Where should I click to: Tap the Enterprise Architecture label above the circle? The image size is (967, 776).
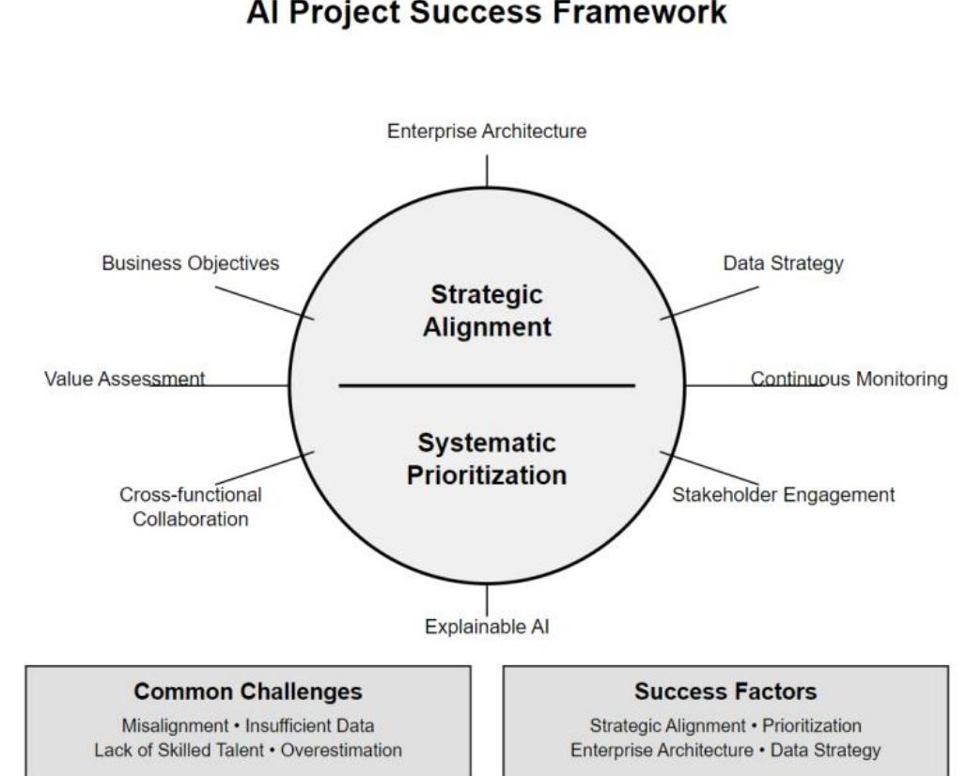tap(487, 132)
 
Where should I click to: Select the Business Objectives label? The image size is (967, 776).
tap(190, 263)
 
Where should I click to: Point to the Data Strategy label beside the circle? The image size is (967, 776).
tap(783, 263)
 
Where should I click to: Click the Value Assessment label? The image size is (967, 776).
tap(124, 379)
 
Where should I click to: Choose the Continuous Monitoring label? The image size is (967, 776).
tap(849, 379)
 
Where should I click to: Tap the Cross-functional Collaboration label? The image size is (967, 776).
tap(190, 506)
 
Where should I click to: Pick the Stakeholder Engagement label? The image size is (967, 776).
tap(784, 494)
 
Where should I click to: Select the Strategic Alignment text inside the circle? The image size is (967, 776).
tap(486, 311)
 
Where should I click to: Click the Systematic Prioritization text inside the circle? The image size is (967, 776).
tap(486, 458)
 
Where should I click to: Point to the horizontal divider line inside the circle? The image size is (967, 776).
tap(486, 385)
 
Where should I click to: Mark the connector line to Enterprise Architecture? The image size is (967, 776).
tap(487, 171)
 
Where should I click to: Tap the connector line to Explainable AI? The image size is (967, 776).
tap(487, 599)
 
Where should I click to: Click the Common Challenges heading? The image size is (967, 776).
tap(248, 692)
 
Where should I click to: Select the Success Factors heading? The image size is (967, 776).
tap(725, 692)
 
